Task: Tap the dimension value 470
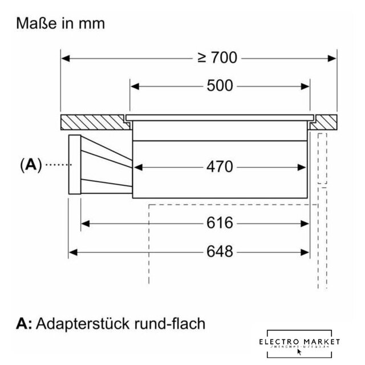point(220,167)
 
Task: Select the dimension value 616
point(220,222)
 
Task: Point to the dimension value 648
point(220,251)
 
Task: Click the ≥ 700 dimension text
point(217,58)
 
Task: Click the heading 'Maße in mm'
point(61,24)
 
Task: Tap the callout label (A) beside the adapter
point(31,165)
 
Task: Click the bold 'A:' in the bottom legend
point(25,323)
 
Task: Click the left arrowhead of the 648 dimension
point(72,251)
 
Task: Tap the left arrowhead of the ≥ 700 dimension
point(64,58)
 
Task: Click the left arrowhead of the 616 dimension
point(85,222)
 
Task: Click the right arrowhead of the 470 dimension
point(303,167)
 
